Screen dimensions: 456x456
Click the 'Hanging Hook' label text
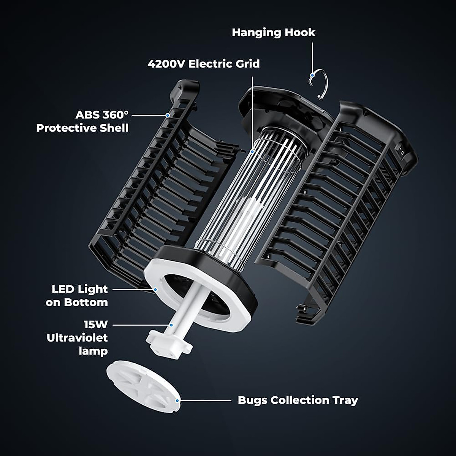click(273, 32)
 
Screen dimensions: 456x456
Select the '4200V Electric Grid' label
click(204, 63)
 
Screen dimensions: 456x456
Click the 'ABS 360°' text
click(102, 115)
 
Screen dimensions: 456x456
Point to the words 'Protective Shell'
click(82, 128)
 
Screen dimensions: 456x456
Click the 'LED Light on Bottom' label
click(79, 296)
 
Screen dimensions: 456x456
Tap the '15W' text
click(96, 325)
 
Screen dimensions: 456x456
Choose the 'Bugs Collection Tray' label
click(298, 400)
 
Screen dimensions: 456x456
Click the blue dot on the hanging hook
click(312, 75)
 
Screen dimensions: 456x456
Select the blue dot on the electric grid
click(252, 152)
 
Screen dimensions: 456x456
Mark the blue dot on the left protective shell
click(167, 115)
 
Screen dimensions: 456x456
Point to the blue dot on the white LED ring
click(155, 290)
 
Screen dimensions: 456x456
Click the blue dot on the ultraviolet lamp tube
click(171, 325)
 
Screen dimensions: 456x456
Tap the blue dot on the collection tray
click(177, 400)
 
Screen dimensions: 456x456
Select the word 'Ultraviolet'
click(77, 338)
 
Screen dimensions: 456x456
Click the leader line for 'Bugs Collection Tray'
click(205, 400)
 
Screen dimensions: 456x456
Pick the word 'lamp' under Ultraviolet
click(93, 351)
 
